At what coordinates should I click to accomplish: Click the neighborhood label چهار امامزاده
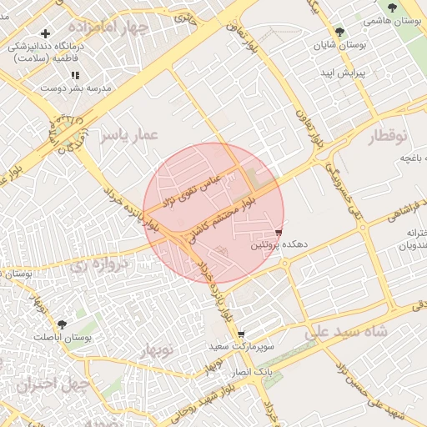pos(128,28)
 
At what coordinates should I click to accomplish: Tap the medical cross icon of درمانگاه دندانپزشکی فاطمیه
pos(46,33)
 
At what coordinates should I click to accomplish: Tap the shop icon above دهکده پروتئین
pos(279,232)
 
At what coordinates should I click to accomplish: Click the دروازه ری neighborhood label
pos(98,267)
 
